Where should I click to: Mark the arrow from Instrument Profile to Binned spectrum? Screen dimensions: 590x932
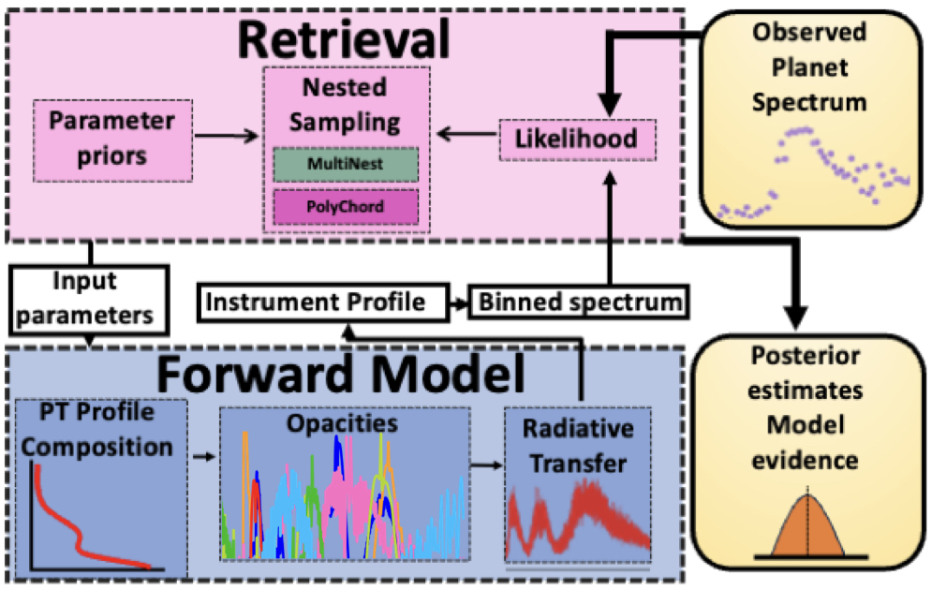tap(455, 302)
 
